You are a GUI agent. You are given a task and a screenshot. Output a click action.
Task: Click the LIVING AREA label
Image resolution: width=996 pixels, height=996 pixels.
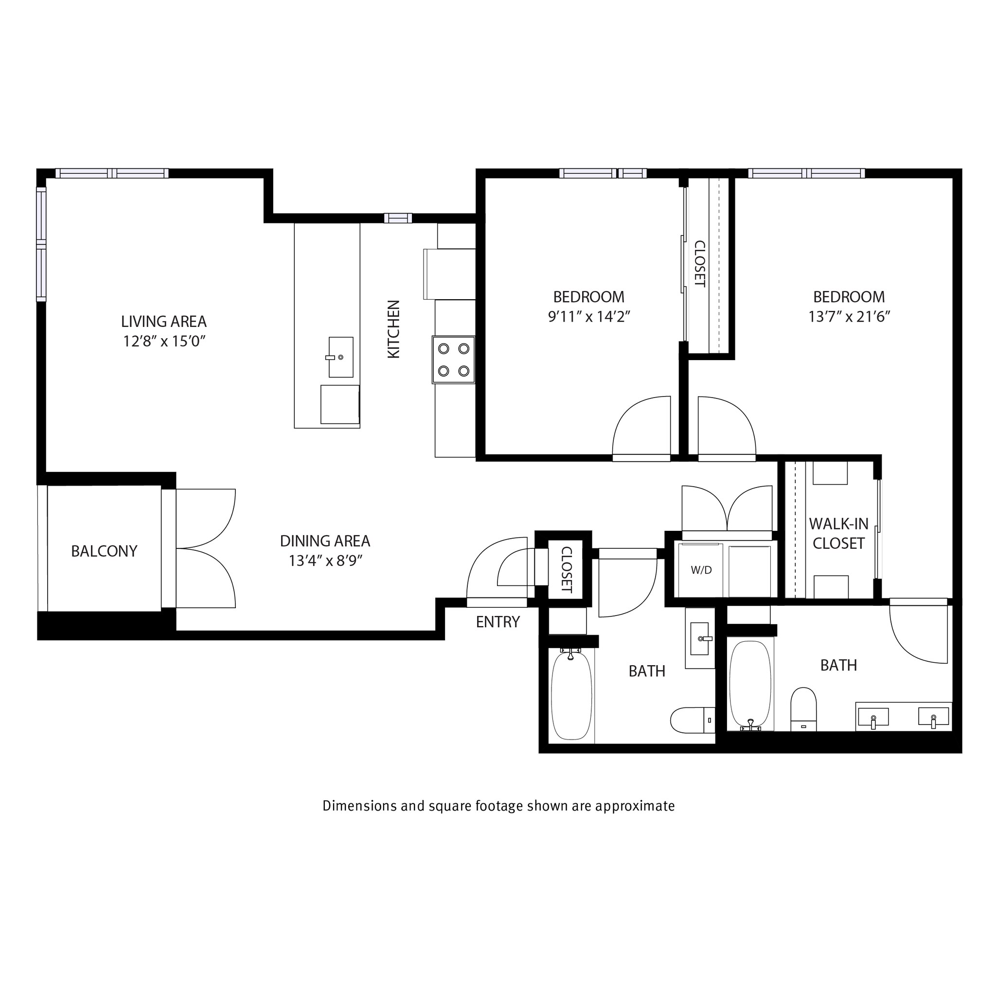(163, 322)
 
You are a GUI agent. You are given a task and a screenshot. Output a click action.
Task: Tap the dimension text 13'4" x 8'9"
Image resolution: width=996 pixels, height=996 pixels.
(325, 561)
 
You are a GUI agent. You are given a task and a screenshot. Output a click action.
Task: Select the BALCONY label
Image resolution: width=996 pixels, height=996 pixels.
(104, 551)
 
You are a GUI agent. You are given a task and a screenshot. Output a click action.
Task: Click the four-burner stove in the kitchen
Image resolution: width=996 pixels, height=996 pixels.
(454, 360)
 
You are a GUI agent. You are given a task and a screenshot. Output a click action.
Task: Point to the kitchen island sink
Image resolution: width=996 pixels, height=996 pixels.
(341, 357)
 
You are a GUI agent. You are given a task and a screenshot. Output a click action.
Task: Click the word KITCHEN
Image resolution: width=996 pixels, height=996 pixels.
(393, 329)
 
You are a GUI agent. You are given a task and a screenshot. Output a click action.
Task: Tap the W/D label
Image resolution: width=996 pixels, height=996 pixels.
(701, 570)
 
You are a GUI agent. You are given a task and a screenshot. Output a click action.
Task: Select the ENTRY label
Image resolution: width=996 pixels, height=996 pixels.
(498, 622)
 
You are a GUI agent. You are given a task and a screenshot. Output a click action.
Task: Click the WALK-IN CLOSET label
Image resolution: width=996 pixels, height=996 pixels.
(838, 533)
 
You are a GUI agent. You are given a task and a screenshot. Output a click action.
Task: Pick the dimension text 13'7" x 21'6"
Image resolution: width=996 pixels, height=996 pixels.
(849, 317)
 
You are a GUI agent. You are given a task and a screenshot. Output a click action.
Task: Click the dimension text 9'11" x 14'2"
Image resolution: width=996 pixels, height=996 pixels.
(589, 317)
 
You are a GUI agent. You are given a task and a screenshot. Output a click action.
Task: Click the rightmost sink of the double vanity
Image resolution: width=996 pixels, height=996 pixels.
(934, 718)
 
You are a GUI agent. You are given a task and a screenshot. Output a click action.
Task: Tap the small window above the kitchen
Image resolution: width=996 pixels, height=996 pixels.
(398, 218)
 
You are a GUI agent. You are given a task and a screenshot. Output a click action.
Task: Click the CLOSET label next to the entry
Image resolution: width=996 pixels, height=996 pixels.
(566, 569)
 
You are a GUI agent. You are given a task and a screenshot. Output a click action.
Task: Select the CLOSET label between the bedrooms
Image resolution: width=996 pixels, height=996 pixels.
(699, 264)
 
